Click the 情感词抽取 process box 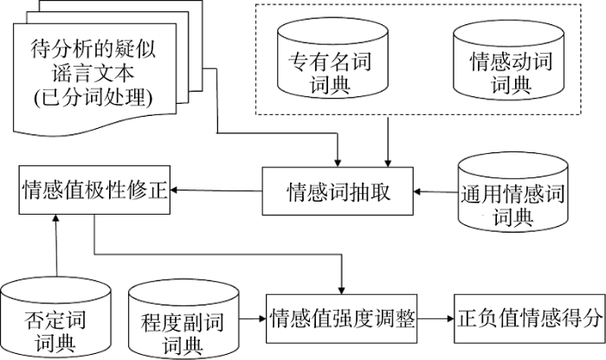coord(338,191)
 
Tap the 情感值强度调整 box coord(343,318)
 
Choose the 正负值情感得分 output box coord(528,318)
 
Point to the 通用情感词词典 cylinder coord(514,194)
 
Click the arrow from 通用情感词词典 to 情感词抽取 coord(435,191)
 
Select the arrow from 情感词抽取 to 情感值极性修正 coord(216,189)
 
